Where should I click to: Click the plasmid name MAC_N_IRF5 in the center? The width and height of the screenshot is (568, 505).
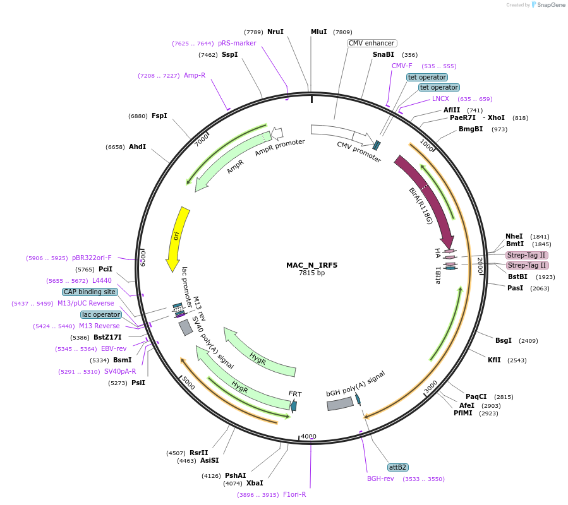[311, 265]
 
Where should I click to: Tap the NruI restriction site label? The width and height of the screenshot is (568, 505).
[275, 32]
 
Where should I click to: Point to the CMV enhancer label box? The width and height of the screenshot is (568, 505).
[372, 44]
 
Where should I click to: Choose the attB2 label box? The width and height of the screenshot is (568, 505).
[397, 467]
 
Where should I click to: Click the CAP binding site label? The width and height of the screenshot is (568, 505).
[90, 292]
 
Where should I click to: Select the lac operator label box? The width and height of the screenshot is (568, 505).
[101, 314]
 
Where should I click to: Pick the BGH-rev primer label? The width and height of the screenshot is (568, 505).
[380, 478]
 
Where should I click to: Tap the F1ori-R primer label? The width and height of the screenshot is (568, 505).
[294, 494]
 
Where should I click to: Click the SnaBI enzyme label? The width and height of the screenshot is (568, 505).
[383, 55]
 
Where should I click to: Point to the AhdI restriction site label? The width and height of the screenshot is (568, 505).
[137, 146]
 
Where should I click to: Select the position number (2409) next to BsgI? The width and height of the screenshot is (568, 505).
[528, 341]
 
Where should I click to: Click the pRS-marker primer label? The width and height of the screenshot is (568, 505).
[237, 43]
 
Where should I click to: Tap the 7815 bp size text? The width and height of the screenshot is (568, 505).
[311, 273]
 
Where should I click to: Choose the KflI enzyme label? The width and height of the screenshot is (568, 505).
[494, 360]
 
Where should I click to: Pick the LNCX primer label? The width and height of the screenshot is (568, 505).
[440, 98]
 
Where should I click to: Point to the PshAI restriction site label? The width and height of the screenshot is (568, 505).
[235, 475]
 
